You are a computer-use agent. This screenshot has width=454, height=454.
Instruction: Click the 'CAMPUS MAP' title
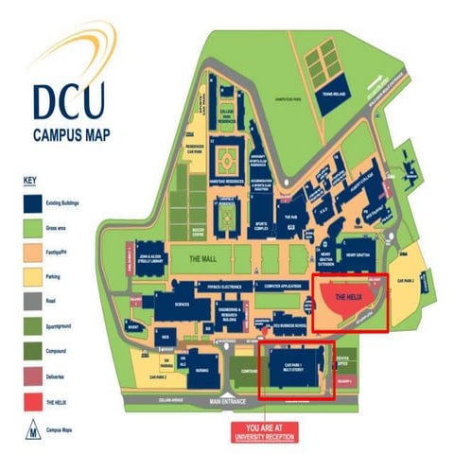72,133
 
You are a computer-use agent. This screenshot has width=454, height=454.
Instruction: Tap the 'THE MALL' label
204,258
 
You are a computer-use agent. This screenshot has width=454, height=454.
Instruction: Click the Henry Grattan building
357,259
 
